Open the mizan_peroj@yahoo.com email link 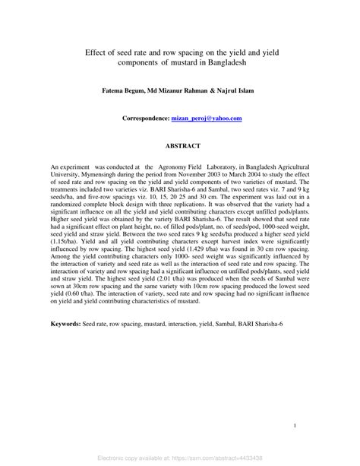[x=206, y=119]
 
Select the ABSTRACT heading [x=180, y=145]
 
